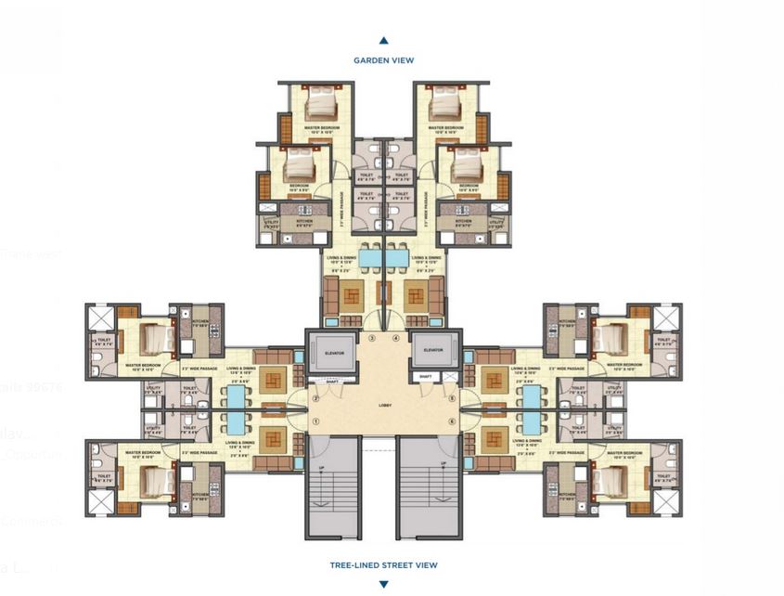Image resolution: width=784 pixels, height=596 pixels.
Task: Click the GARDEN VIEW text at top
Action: pyautogui.click(x=383, y=60)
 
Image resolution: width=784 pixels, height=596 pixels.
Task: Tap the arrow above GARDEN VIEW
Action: pyautogui.click(x=383, y=41)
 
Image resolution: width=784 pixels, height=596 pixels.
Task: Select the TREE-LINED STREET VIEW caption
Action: pyautogui.click(x=383, y=564)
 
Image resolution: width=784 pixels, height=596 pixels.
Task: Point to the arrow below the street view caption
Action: pyautogui.click(x=383, y=584)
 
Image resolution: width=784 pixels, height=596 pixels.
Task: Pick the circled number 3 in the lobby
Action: pyautogui.click(x=372, y=339)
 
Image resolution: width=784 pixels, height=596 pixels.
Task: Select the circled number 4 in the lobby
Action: pyautogui.click(x=394, y=339)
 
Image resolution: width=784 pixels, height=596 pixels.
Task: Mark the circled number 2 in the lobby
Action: pyautogui.click(x=316, y=400)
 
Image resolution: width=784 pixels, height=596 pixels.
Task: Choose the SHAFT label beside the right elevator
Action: pyautogui.click(x=425, y=376)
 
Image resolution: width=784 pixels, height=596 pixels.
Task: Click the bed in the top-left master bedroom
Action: pyautogui.click(x=321, y=101)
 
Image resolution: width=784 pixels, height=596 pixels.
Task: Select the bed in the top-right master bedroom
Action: pyautogui.click(x=445, y=101)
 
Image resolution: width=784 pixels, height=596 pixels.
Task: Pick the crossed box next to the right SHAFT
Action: pyautogui.click(x=450, y=377)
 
